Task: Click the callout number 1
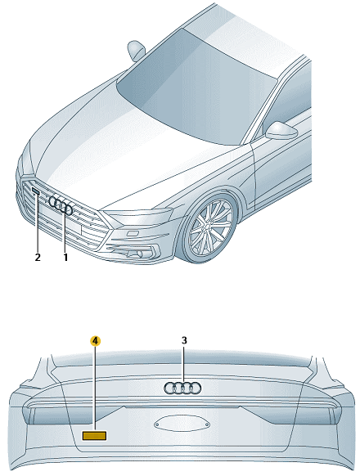[x=65, y=258]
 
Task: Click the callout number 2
[x=38, y=258]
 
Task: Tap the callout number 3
[x=184, y=340]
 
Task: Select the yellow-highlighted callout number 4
[x=96, y=341]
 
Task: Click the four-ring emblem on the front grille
[x=61, y=205]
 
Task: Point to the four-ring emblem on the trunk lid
[x=182, y=388]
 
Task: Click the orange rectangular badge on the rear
[x=94, y=436]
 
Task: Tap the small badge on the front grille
[x=35, y=191]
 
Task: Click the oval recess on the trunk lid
[x=182, y=424]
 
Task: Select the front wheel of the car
[x=209, y=227]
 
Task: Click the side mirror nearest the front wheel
[x=281, y=131]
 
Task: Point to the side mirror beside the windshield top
[x=136, y=50]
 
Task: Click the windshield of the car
[x=195, y=91]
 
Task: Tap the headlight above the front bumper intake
[x=138, y=216]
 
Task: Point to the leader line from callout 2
[x=38, y=222]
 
